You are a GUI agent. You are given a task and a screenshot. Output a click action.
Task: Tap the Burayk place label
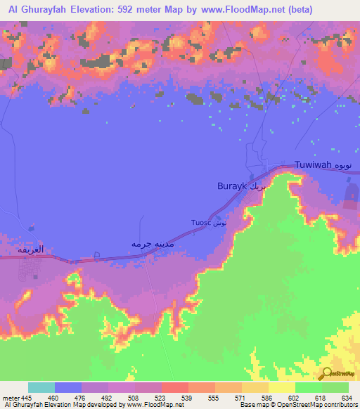[x=232, y=188]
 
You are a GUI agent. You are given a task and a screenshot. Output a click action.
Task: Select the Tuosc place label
[x=200, y=223]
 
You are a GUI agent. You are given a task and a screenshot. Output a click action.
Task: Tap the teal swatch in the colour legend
[x=41, y=387]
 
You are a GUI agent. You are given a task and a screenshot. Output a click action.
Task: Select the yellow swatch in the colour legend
[x=282, y=387]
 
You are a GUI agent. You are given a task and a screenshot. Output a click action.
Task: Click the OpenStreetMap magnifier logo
[x=326, y=373]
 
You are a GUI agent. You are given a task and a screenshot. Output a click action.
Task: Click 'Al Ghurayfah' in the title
[x=37, y=10]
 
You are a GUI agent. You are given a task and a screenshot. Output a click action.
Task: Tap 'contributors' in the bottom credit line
[x=340, y=405]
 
